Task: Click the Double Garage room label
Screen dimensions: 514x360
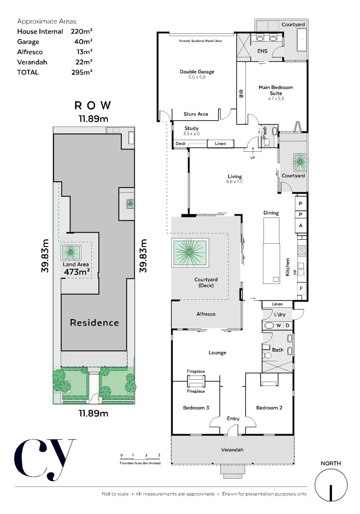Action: coord(196,72)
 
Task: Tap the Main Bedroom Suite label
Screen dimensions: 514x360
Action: coord(275,90)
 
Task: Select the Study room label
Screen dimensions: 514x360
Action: coord(191,128)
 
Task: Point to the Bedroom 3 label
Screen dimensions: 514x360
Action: coord(196,408)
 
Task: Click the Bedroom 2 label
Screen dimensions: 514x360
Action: coord(269,408)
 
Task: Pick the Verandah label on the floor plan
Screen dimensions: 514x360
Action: coord(232,450)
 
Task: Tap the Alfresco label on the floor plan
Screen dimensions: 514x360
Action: coord(206,314)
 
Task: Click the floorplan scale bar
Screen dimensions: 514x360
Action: coord(140,459)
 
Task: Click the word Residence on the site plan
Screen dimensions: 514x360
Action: coord(94,323)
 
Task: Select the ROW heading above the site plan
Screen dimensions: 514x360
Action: coord(93,105)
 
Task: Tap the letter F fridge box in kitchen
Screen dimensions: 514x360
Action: coord(301,288)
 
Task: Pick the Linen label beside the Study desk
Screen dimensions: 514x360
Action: coord(221,143)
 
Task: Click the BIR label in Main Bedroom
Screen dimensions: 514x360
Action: coord(241,94)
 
